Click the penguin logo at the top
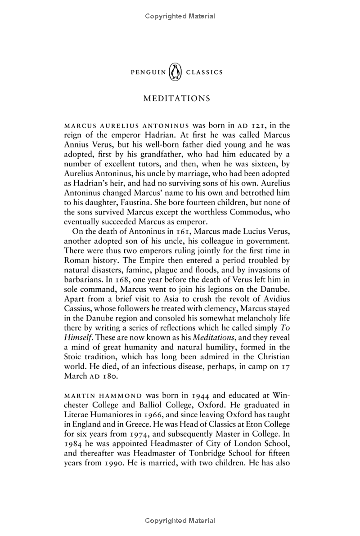[175, 72]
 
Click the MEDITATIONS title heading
[176, 99]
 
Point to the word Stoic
[79, 357]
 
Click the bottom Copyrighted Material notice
[180, 521]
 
